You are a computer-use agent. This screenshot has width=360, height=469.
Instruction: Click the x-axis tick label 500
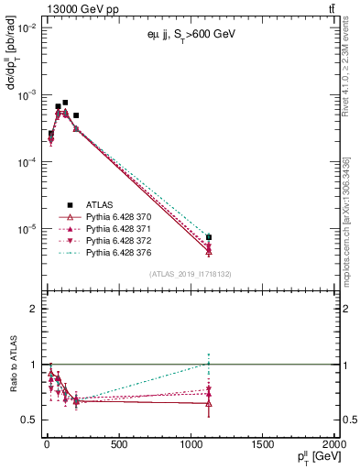118,445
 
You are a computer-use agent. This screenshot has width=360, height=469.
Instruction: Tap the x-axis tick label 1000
191,445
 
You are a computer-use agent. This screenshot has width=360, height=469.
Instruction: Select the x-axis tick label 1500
263,445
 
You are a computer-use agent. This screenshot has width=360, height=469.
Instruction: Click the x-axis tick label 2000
333,445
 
